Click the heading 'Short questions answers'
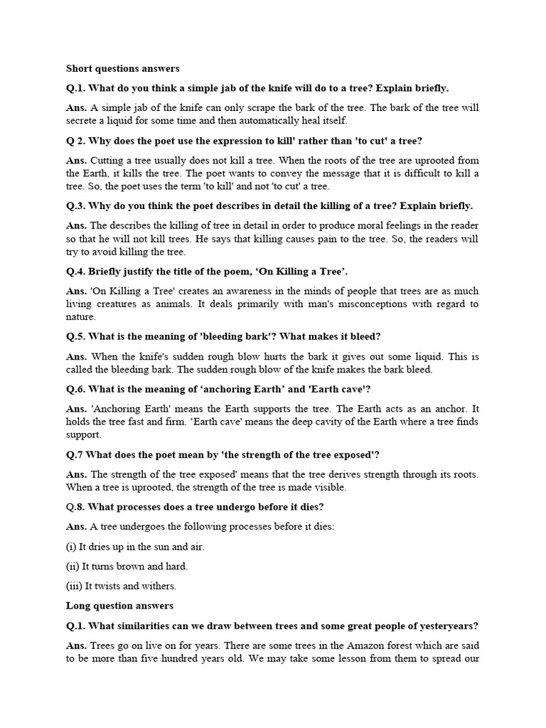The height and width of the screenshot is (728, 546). tap(123, 69)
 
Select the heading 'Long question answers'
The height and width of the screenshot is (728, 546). tap(119, 606)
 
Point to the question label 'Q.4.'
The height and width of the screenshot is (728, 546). tap(76, 271)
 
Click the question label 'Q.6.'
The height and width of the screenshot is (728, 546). tap(76, 389)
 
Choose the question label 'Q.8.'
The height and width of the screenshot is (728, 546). tap(76, 507)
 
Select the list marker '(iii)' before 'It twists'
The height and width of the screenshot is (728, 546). tap(75, 587)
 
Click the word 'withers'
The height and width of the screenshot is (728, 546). tap(160, 587)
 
